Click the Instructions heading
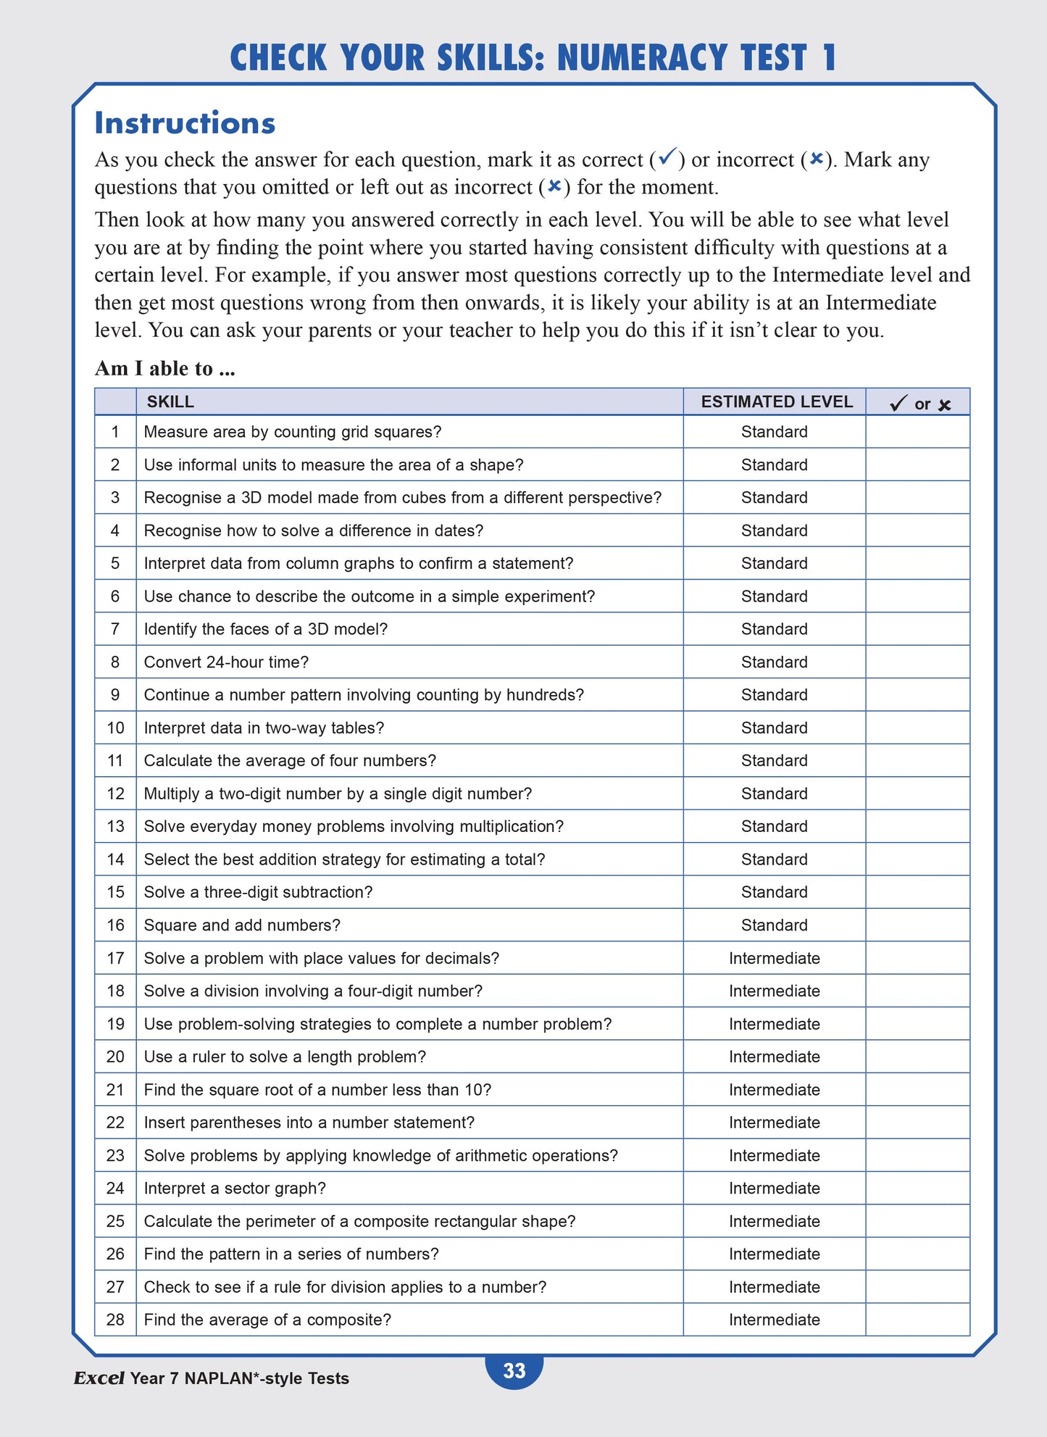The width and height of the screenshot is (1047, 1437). coord(185,123)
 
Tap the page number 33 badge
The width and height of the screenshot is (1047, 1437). coord(514,1370)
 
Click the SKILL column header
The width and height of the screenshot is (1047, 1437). coord(170,402)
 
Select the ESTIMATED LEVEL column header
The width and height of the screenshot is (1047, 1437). coord(777,402)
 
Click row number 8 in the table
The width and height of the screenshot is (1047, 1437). coord(115,662)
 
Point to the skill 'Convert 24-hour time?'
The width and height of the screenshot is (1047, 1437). coord(226,662)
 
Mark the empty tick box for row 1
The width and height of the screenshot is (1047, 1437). coord(917,432)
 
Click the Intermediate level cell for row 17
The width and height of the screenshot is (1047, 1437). coord(774,958)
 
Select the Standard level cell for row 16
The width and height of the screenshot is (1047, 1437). coord(774,925)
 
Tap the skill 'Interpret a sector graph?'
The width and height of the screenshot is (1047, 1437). coord(235,1188)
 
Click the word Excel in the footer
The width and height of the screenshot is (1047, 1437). coord(99,1378)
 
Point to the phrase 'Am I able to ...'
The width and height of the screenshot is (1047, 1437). coord(165,369)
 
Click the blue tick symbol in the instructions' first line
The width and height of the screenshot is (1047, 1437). coord(667,156)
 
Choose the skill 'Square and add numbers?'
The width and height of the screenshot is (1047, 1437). coord(242,925)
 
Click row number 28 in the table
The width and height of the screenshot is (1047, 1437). coord(115,1320)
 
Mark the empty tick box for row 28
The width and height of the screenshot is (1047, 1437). coord(917,1320)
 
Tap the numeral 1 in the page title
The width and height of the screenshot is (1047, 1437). coord(829,58)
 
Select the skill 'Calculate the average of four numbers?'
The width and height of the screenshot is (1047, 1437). coord(290,761)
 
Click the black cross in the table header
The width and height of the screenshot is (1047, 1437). coord(944,405)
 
